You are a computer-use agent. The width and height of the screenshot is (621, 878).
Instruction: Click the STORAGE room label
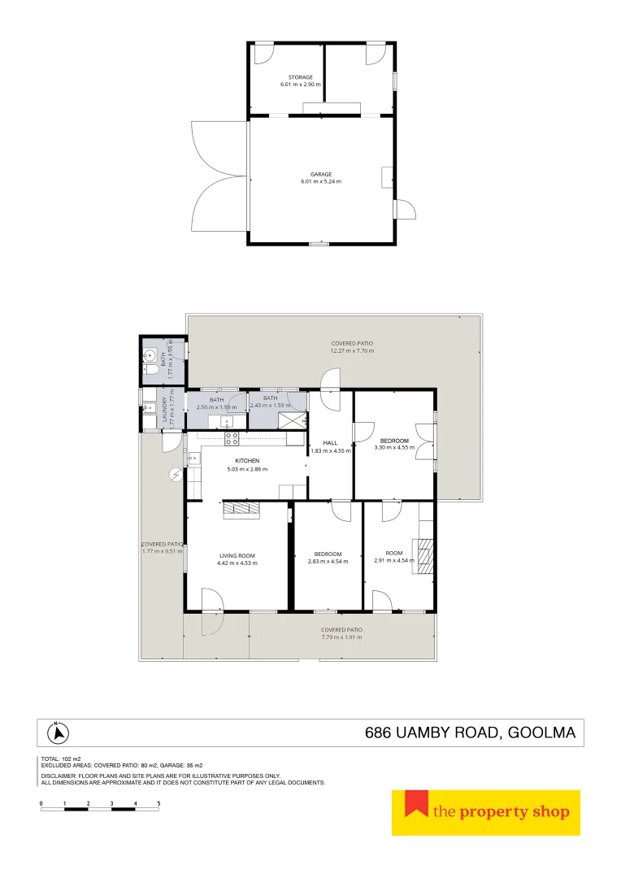(x=301, y=77)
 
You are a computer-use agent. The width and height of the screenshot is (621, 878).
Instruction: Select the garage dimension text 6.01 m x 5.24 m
(x=321, y=182)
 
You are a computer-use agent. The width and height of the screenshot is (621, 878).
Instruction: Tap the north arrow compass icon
(x=57, y=733)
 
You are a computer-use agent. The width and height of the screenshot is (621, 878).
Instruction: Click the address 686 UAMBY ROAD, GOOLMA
(x=470, y=733)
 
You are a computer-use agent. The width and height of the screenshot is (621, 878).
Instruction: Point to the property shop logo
(x=486, y=812)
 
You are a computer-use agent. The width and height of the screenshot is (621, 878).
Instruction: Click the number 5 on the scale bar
(x=159, y=803)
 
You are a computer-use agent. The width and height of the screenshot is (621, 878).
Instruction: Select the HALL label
(x=330, y=443)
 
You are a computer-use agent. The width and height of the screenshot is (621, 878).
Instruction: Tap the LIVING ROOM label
(x=237, y=555)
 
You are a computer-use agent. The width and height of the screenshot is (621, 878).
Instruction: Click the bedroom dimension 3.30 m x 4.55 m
(x=394, y=447)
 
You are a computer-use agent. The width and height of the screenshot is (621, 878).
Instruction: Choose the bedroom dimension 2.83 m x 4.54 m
(x=328, y=562)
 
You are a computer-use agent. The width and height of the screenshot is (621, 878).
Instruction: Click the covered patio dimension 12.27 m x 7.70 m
(x=352, y=351)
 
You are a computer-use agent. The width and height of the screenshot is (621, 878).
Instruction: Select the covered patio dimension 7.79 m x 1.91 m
(x=341, y=637)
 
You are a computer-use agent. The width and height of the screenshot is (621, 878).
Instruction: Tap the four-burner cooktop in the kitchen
(x=231, y=438)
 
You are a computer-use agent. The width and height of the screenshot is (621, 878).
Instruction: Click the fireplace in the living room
(x=241, y=509)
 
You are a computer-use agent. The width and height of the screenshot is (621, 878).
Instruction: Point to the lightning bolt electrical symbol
(x=173, y=476)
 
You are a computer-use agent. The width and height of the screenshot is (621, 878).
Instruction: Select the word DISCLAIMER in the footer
(x=59, y=776)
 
